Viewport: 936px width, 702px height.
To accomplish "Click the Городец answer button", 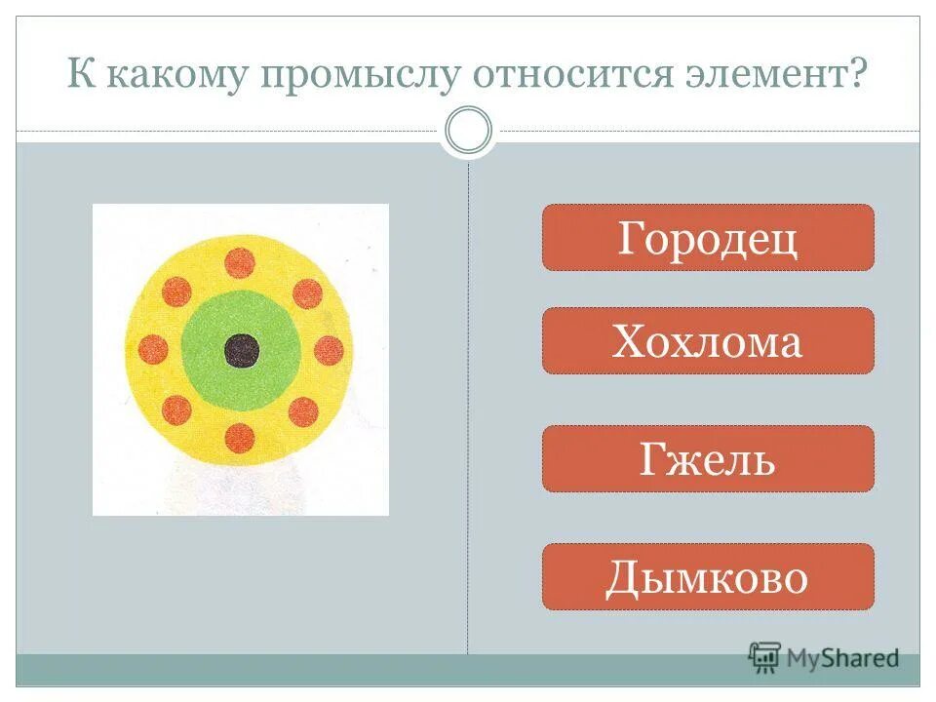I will [x=708, y=238].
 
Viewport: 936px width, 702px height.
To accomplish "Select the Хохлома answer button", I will [x=708, y=341].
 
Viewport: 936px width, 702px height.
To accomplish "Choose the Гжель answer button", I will [x=708, y=459].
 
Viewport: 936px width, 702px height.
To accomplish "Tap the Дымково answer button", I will [x=708, y=577].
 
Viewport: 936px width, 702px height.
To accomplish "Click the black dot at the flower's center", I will [x=241, y=350].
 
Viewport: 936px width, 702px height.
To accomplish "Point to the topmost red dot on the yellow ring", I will [x=240, y=263].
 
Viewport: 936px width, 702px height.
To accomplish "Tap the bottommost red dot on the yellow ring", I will [x=240, y=438].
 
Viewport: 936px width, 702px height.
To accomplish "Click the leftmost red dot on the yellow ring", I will [x=154, y=349].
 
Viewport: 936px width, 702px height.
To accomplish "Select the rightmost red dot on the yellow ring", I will [x=329, y=350].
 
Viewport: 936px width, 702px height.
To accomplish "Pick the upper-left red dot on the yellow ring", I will [x=176, y=292].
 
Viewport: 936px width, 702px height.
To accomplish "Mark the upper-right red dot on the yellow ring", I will [x=307, y=293].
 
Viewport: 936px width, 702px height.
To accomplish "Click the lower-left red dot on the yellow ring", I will [x=176, y=410].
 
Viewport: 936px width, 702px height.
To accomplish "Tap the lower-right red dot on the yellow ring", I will [x=303, y=411].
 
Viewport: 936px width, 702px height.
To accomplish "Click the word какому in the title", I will [x=173, y=76].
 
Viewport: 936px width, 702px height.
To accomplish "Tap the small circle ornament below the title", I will [x=468, y=131].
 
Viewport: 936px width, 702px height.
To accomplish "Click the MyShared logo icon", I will [x=765, y=657].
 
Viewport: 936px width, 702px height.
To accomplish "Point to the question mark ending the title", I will [x=858, y=73].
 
